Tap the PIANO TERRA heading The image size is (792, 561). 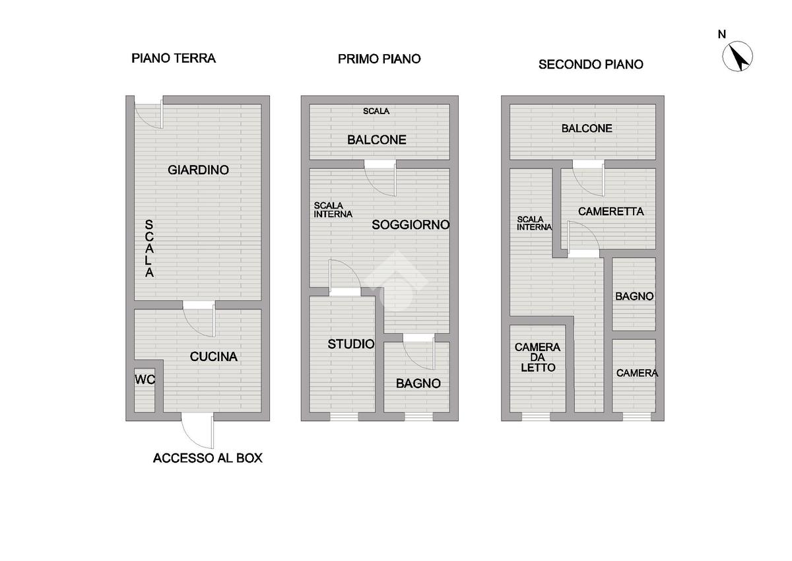(x=174, y=58)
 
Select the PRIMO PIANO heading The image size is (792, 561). (x=379, y=59)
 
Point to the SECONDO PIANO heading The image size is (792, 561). (x=591, y=64)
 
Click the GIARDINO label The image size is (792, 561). (x=198, y=170)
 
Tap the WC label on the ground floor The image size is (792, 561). (x=145, y=379)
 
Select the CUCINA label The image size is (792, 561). (x=213, y=357)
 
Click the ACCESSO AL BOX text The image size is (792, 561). (x=207, y=458)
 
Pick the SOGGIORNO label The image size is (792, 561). (x=411, y=224)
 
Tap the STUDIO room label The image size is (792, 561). (x=351, y=344)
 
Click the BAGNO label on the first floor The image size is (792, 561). (x=418, y=383)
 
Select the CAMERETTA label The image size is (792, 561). (x=610, y=212)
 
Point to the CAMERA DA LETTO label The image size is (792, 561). (x=537, y=357)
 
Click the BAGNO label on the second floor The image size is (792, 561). (x=634, y=296)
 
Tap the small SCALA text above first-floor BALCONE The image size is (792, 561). (x=376, y=111)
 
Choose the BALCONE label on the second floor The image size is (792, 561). (x=587, y=129)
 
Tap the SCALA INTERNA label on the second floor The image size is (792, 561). (x=534, y=223)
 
